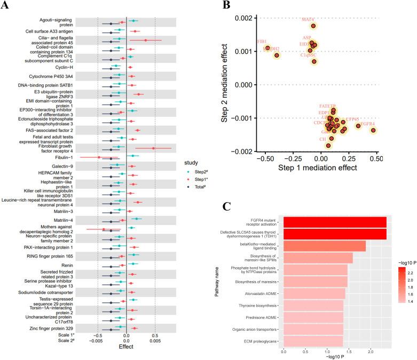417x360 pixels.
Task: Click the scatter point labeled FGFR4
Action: click(373, 130)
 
